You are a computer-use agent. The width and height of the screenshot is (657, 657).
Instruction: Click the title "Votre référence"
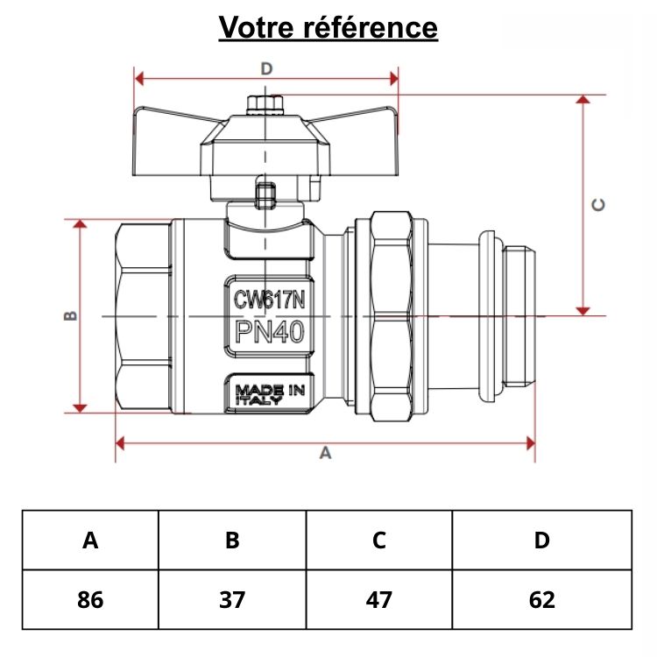point(328,27)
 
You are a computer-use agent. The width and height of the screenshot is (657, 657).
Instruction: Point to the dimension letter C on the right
point(599,204)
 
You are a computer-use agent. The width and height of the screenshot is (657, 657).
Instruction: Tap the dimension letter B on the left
point(73,315)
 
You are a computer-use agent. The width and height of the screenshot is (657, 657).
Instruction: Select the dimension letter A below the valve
point(326,453)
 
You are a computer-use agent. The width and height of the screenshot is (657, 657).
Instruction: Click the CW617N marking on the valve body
point(269,300)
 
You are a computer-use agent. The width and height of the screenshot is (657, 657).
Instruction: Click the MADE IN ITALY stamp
point(269,394)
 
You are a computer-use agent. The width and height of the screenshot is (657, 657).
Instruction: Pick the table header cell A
point(90,540)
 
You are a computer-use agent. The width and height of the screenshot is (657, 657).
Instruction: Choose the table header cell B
point(232,540)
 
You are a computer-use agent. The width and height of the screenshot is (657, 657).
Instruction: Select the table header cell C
point(378,540)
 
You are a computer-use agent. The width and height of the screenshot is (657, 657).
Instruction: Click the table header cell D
point(541,540)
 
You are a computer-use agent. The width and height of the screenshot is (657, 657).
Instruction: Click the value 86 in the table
point(90,600)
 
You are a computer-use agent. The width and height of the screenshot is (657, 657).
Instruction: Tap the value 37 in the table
point(232,600)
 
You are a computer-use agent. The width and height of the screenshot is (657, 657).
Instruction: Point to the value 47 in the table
point(378,600)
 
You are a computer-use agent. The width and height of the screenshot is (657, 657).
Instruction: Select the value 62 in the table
point(541,600)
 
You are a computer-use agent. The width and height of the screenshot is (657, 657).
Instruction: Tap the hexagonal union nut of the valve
point(392,315)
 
